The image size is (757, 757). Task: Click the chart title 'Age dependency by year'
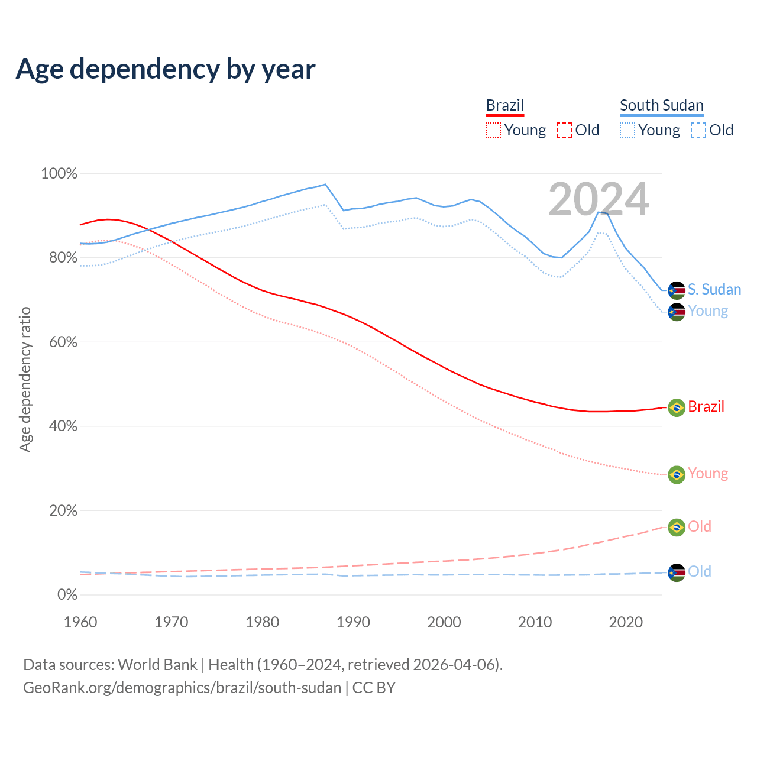[x=166, y=69]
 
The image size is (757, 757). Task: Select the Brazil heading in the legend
[x=505, y=105]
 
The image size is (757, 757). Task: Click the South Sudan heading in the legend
[x=661, y=105]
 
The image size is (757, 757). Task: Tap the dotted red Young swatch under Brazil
[x=493, y=130]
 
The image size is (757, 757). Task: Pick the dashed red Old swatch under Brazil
[x=564, y=130]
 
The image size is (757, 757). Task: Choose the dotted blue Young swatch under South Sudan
[x=627, y=130]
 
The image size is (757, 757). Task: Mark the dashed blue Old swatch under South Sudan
[x=698, y=130]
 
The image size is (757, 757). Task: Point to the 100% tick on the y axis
[x=59, y=173]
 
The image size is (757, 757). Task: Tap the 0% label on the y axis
[x=67, y=594]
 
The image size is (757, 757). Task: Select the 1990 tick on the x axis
[x=353, y=622]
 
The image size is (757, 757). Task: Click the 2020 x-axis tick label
[x=626, y=622]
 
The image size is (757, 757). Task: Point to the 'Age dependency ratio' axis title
[x=25, y=379]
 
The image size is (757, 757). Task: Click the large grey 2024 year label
[x=599, y=199]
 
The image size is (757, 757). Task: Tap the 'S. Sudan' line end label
[x=714, y=289]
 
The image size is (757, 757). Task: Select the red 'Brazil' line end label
[x=706, y=407]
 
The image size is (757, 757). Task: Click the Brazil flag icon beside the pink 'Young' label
[x=677, y=474]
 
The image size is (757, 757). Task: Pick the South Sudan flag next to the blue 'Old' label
[x=677, y=572]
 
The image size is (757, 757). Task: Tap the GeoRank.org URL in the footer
[x=182, y=688]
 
